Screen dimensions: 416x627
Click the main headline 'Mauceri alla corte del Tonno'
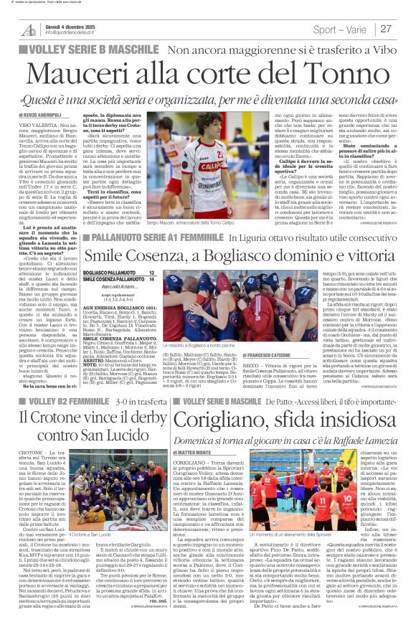tap(207, 74)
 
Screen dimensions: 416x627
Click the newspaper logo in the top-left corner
tap(29, 29)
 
